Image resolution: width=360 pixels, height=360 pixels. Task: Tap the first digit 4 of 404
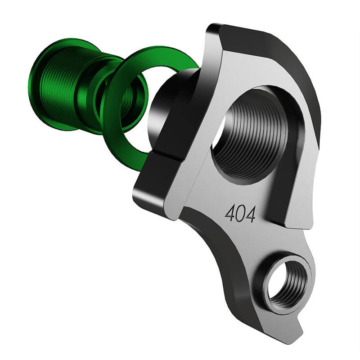point(230,213)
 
